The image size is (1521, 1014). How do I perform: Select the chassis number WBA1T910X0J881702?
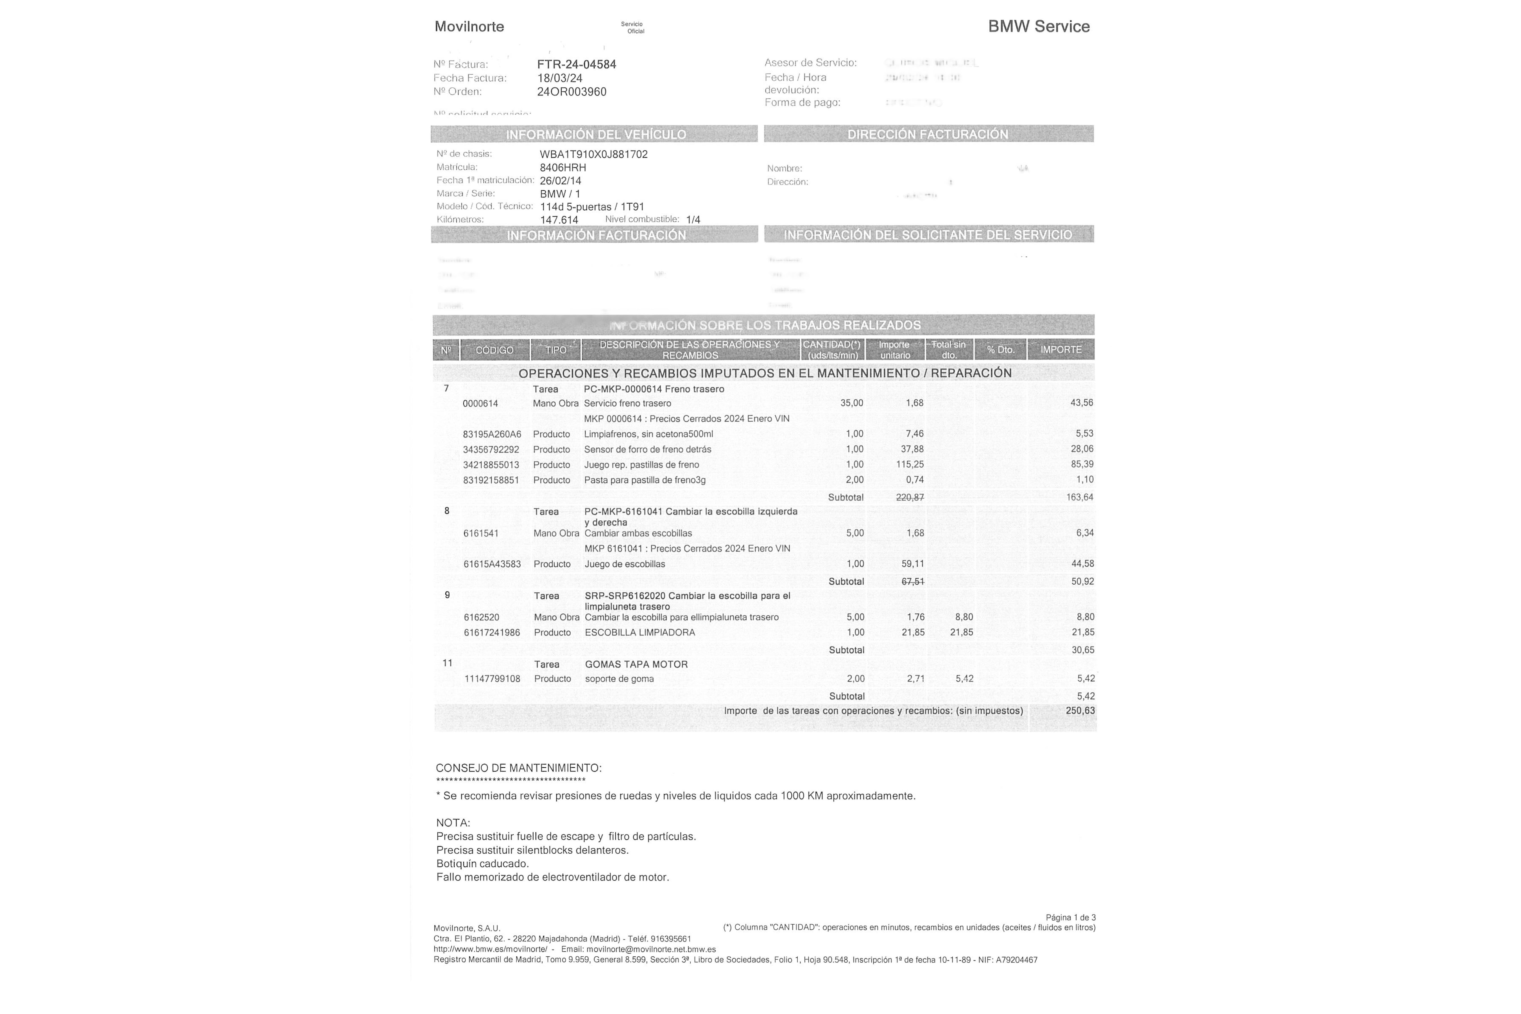click(594, 154)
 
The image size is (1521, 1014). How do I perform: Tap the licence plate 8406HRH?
click(563, 167)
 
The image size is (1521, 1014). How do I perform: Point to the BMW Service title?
click(1039, 27)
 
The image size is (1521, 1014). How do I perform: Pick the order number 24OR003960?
click(572, 92)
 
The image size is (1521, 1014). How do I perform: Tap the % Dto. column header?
click(1000, 350)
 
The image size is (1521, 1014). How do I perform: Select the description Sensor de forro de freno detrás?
click(647, 449)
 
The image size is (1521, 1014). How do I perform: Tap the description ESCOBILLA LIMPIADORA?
click(640, 632)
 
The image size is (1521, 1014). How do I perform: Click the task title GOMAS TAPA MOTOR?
click(636, 664)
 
